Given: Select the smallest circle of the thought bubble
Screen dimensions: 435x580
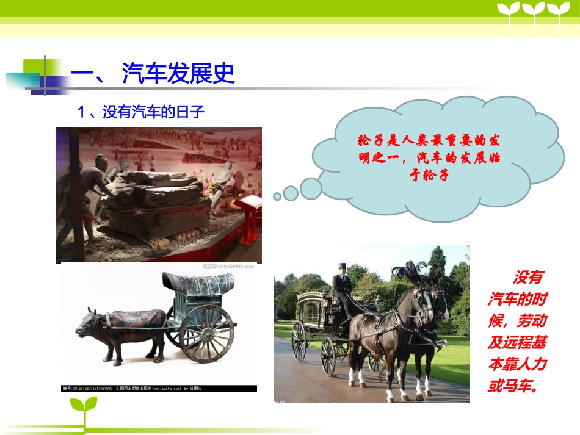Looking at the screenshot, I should pyautogui.click(x=277, y=196).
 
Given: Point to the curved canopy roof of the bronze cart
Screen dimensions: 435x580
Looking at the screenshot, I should pyautogui.click(x=198, y=284).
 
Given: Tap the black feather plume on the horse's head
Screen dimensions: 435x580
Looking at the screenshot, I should pyautogui.click(x=406, y=269).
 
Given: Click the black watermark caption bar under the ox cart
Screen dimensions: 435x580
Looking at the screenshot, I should pyautogui.click(x=159, y=388).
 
